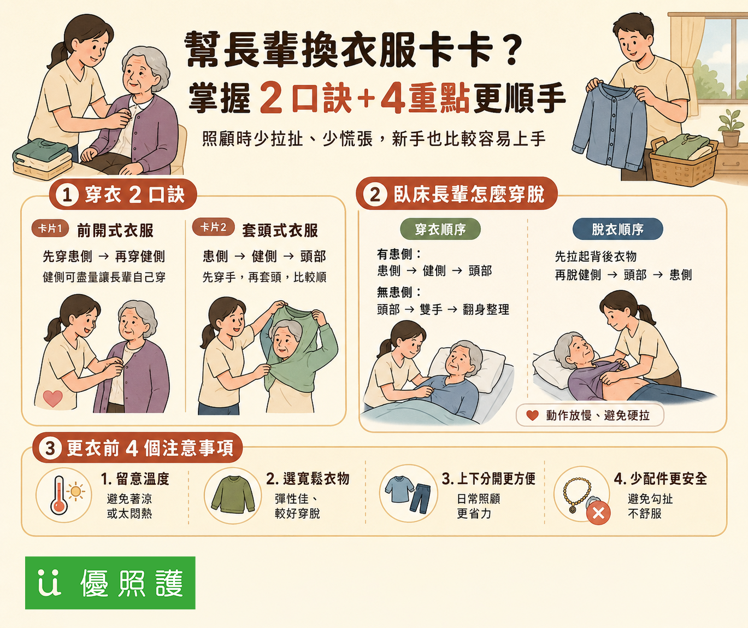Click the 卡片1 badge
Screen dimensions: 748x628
point(50,228)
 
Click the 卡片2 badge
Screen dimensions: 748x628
point(213,227)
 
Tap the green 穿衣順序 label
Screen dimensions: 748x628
point(440,229)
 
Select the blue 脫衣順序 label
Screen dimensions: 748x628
point(617,229)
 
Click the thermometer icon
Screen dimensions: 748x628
point(59,495)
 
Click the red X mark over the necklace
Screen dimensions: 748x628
point(598,513)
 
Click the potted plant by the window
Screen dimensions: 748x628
point(730,127)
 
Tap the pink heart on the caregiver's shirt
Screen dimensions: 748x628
point(52,398)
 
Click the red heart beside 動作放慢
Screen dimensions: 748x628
point(532,415)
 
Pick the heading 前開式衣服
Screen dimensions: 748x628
point(115,230)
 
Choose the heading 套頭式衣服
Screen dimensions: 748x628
point(280,230)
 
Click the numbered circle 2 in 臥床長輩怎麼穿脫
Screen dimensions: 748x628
point(375,195)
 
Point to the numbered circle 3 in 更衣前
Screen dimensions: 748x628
point(50,448)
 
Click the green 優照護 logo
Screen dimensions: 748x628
point(110,583)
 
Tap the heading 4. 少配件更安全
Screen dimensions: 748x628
point(660,479)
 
